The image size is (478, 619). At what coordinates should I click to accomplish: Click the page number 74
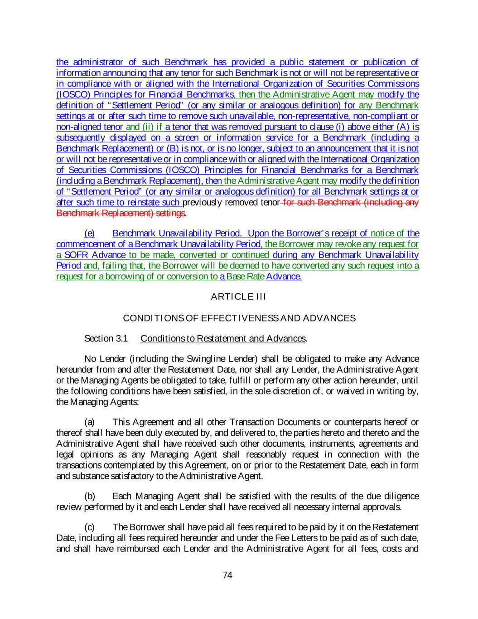[228, 575]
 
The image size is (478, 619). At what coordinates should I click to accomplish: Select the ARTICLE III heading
[238, 297]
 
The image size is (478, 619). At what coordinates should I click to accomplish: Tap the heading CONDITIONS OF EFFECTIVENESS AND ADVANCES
[239, 318]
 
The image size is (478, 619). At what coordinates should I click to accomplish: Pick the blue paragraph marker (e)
[90, 234]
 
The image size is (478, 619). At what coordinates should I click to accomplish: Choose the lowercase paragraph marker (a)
[90, 422]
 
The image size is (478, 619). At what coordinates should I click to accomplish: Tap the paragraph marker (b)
[90, 497]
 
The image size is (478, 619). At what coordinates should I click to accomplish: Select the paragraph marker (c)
[90, 527]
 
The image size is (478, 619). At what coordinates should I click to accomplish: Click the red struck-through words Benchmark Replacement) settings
[121, 213]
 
